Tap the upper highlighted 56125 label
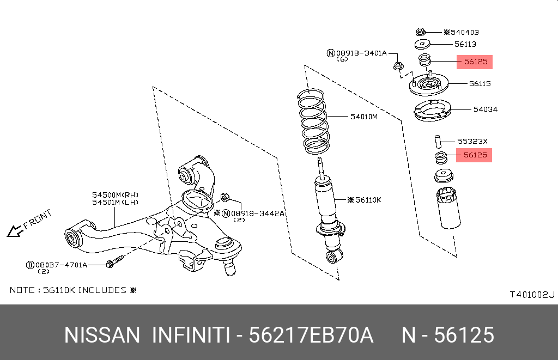[475, 62]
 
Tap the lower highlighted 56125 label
[475, 155]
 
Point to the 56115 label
[480, 84]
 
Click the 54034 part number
[484, 109]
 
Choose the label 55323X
[472, 141]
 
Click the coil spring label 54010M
[363, 117]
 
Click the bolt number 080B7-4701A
[61, 265]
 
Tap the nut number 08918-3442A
[257, 213]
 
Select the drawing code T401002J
[532, 295]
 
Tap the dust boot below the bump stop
[445, 209]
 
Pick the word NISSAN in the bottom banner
[102, 335]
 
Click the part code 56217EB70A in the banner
[311, 335]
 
